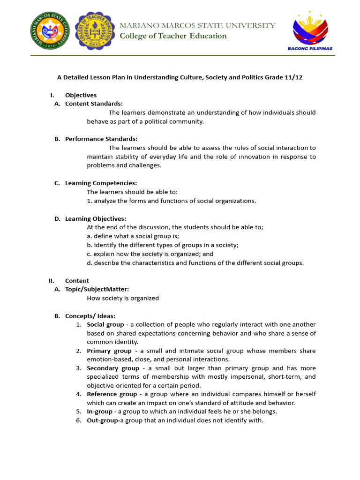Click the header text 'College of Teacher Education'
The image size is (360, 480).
pos(173,36)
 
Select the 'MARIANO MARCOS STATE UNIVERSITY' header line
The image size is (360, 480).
pos(198,25)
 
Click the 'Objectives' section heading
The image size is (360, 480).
pos(81,95)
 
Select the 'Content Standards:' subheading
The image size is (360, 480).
pos(94,104)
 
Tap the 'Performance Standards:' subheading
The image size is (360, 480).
pos(101,139)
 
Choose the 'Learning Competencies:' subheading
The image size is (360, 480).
pos(101,183)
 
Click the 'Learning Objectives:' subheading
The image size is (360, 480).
pos(96,218)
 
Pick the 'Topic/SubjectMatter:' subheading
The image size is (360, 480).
pos(97,289)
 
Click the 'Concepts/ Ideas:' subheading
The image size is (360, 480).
pos(90,315)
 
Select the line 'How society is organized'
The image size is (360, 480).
pos(123,298)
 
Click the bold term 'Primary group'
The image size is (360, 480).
pos(109,351)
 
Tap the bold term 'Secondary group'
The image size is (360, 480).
pos(113,368)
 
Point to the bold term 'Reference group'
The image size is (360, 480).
pos(112,394)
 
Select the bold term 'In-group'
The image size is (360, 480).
pos(100,412)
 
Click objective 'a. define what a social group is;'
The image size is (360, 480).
pos(133,236)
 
